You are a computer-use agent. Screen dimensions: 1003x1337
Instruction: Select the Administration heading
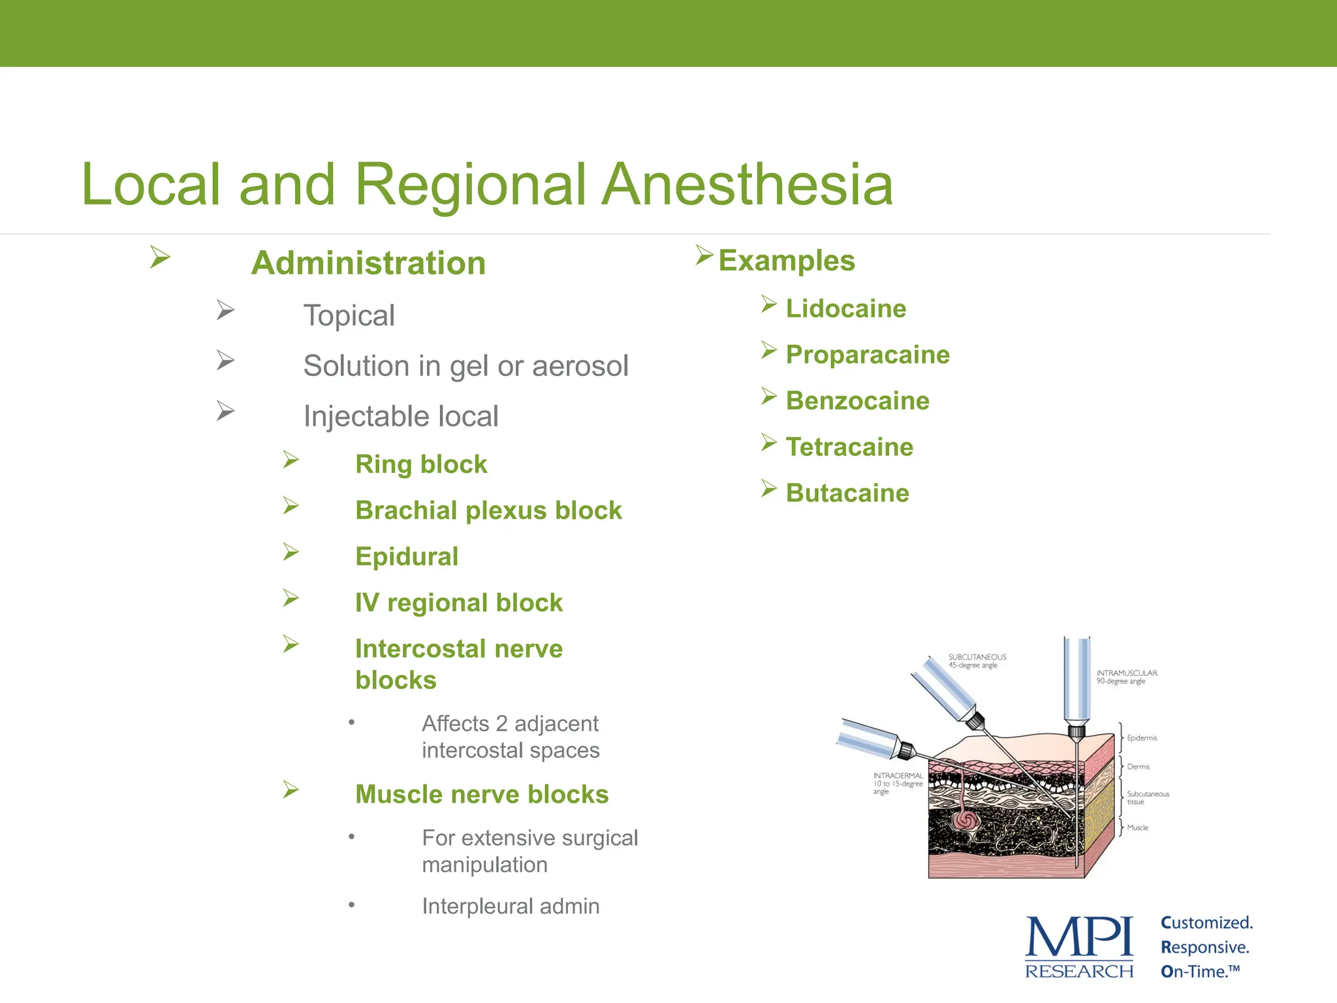tap(368, 264)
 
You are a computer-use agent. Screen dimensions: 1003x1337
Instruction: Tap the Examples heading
tap(786, 261)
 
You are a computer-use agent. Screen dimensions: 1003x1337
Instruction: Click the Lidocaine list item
tap(845, 309)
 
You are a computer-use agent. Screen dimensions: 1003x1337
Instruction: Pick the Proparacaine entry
tap(867, 355)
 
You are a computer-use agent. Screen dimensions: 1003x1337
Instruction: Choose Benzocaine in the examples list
tap(857, 401)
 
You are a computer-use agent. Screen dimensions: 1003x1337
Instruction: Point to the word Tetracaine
tap(849, 447)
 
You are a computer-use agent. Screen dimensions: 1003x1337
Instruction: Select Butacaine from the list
tap(847, 493)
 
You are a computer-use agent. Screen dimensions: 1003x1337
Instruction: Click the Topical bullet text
tap(349, 316)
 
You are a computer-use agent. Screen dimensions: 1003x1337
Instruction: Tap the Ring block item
tap(420, 464)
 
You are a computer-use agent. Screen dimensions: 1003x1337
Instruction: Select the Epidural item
tap(406, 557)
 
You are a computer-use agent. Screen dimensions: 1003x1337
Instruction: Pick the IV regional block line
tap(458, 603)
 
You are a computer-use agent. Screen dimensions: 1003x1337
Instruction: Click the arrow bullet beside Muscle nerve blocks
tap(291, 790)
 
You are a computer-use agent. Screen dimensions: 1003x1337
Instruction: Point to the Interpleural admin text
tap(510, 906)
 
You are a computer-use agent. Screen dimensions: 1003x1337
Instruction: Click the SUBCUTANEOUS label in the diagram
tap(977, 657)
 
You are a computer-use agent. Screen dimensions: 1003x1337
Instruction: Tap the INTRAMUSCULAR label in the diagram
tap(1126, 673)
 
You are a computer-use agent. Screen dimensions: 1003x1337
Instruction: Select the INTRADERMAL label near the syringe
tap(898, 776)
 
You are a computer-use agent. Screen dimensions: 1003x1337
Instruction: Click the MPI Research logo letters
tap(1078, 938)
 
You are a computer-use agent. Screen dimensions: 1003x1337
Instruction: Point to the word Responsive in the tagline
tap(1204, 947)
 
